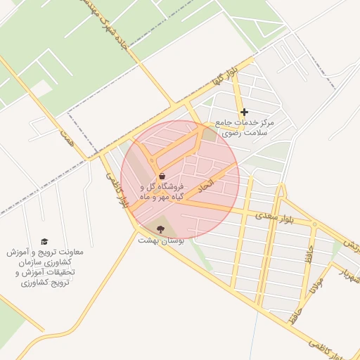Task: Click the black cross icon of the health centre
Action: click(x=244, y=112)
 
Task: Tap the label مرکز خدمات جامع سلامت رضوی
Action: click(x=247, y=127)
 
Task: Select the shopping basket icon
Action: click(x=162, y=176)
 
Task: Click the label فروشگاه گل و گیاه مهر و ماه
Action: click(x=162, y=193)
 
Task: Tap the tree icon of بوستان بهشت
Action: click(x=161, y=229)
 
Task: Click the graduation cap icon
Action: click(x=45, y=241)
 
